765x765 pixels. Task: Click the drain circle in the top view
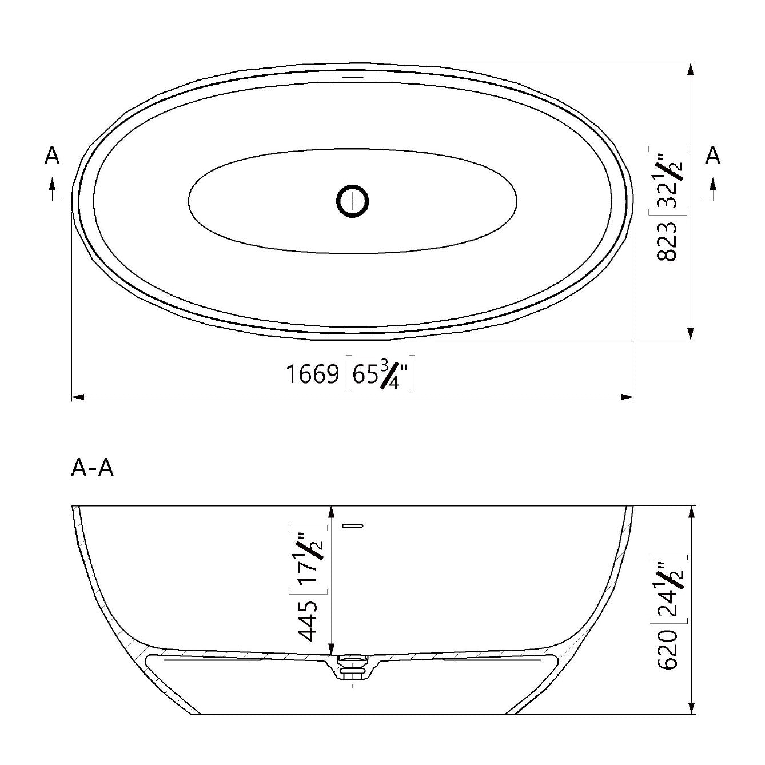[x=352, y=201]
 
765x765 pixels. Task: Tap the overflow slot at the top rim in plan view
[x=352, y=75]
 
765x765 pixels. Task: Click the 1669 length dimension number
[x=312, y=375]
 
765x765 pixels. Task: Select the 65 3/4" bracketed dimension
[x=380, y=376]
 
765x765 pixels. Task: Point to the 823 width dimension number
[x=667, y=241]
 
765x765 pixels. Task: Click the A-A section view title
[x=93, y=468]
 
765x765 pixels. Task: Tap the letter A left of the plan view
[x=52, y=156]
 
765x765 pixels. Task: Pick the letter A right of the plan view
[x=712, y=156]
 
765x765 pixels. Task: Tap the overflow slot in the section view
[x=353, y=525]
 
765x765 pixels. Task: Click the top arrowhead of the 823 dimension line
[x=691, y=69]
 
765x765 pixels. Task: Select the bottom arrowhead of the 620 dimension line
[x=692, y=707]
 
